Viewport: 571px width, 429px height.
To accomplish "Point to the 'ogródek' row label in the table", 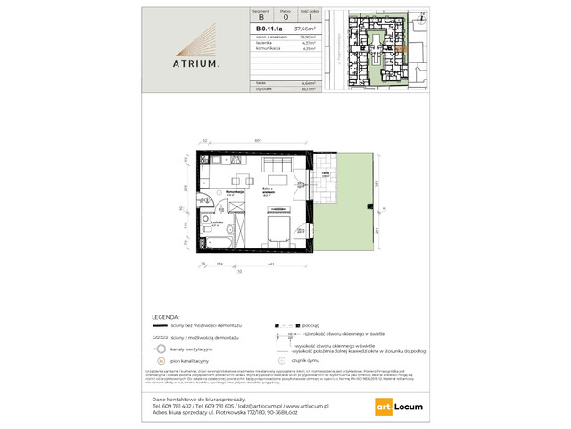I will coord(262,88).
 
